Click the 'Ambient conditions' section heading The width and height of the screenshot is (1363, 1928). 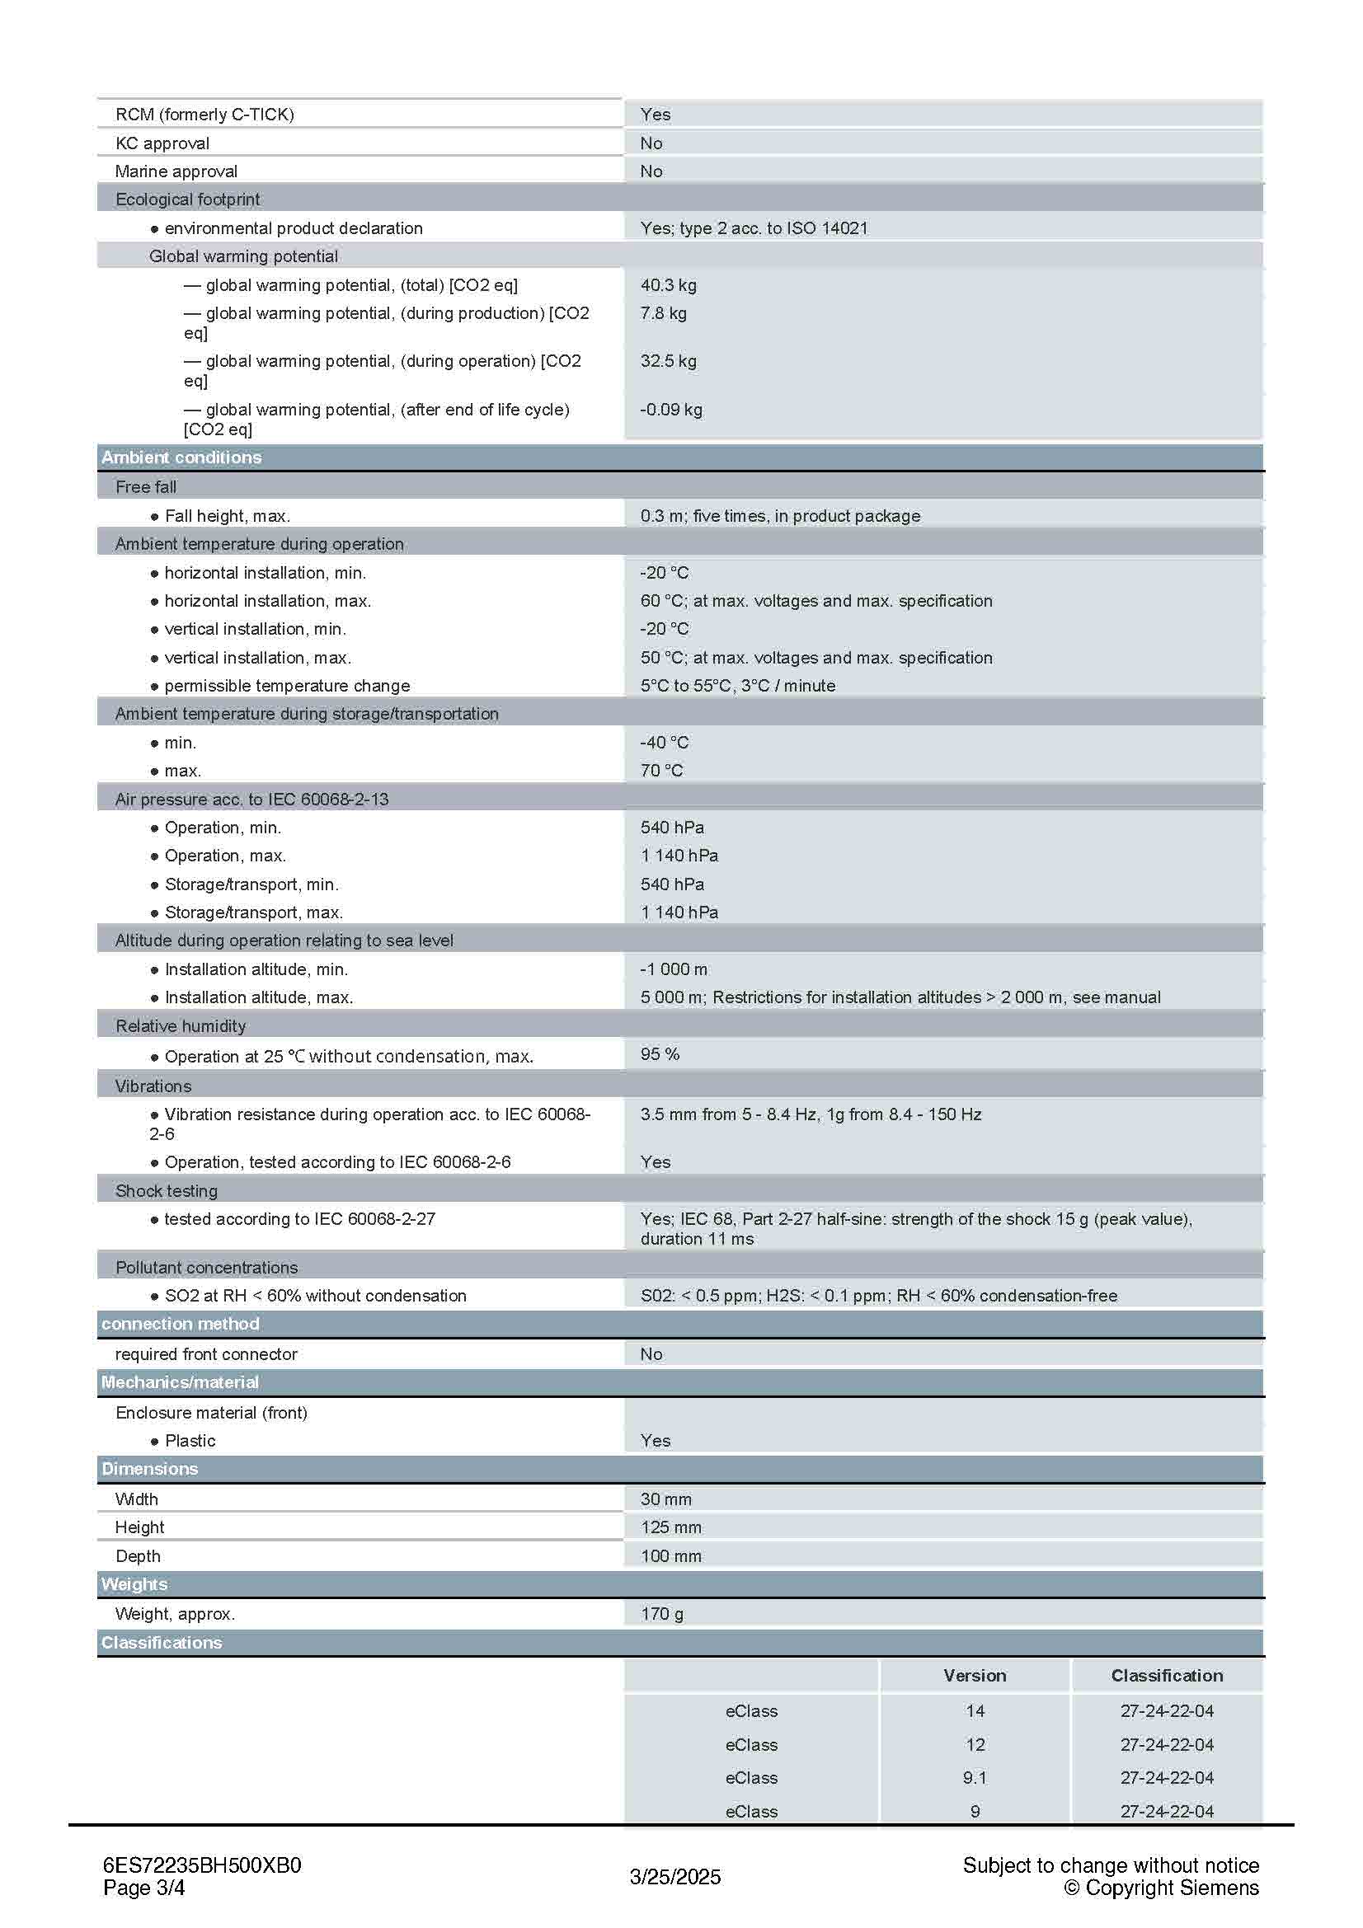pos(181,457)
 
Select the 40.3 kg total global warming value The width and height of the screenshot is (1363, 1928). pos(669,284)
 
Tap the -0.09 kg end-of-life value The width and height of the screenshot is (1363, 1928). pos(671,410)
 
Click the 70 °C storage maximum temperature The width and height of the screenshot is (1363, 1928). pos(662,770)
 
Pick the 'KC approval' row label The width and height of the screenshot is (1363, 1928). pos(162,143)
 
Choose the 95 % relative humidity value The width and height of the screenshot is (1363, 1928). pos(660,1054)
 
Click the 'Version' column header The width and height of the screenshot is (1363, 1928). pos(974,1675)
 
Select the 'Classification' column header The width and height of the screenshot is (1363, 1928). pos(1167,1675)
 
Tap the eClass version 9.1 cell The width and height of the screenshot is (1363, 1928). pos(974,1778)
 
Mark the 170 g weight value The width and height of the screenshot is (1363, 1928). pos(662,1613)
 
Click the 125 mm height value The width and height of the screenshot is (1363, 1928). pos(671,1527)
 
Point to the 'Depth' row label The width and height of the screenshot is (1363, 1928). pos(138,1555)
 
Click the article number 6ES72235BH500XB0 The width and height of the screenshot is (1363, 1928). pos(201,1865)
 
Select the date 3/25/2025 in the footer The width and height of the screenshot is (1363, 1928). pos(675,1877)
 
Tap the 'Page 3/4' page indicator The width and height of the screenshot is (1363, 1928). pos(143,1888)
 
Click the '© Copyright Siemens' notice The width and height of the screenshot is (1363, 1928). pos(1162,1888)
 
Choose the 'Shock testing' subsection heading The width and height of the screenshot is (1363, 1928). pos(167,1191)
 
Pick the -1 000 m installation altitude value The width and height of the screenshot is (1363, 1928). pos(674,969)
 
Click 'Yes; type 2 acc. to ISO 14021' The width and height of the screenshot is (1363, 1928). pos(754,228)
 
